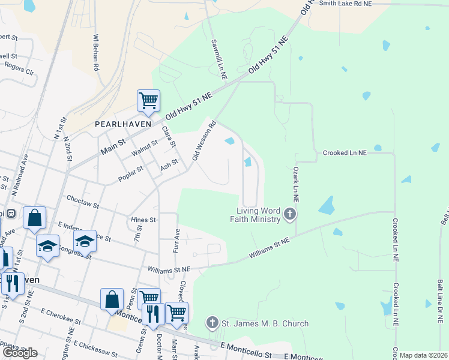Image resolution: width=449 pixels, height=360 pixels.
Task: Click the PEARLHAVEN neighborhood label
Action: tap(122, 124)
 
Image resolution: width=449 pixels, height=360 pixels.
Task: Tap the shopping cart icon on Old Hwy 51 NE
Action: tap(148, 101)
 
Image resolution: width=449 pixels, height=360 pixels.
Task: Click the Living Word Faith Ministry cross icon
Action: tap(290, 214)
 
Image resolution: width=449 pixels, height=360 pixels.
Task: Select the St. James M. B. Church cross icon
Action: tap(211, 323)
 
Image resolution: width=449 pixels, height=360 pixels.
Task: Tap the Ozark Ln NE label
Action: tap(297, 184)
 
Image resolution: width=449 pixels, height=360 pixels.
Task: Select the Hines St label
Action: tap(144, 220)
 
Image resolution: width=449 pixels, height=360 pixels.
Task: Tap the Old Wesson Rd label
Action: tap(204, 141)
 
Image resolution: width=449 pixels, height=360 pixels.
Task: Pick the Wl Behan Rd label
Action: tap(95, 53)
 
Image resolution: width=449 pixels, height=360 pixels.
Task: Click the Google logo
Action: tap(20, 353)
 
